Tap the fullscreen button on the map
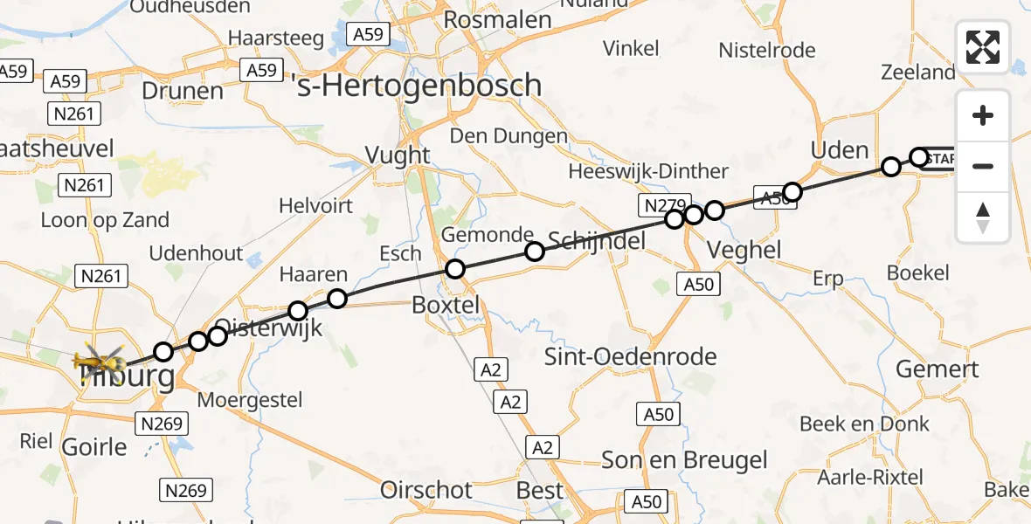983,47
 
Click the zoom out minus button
983,166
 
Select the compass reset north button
983,217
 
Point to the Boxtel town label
446,306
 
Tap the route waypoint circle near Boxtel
455,269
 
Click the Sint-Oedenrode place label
630,356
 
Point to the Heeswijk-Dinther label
648,171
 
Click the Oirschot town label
428,490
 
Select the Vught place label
398,155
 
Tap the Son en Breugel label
684,460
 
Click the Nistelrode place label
766,50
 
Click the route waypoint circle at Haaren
337,300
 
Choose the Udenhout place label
196,253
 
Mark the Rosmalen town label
497,20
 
